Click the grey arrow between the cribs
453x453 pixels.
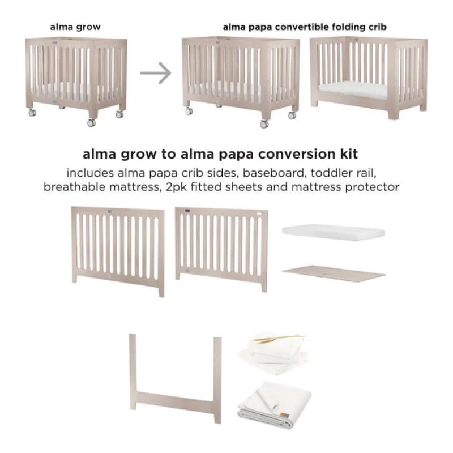[x=156, y=74]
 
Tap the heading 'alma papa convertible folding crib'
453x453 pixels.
[x=305, y=27]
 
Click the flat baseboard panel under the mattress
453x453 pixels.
[x=334, y=273]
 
